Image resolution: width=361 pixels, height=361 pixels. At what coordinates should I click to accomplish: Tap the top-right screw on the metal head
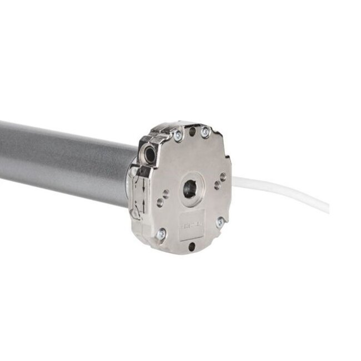tap(205, 132)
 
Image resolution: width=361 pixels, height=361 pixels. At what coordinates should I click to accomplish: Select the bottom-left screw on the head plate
tap(161, 234)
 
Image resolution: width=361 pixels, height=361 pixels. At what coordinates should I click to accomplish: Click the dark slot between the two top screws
tap(192, 132)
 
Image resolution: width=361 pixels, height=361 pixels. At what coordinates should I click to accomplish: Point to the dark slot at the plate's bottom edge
tap(192, 245)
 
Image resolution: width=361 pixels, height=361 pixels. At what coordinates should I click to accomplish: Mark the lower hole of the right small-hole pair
tap(217, 185)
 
